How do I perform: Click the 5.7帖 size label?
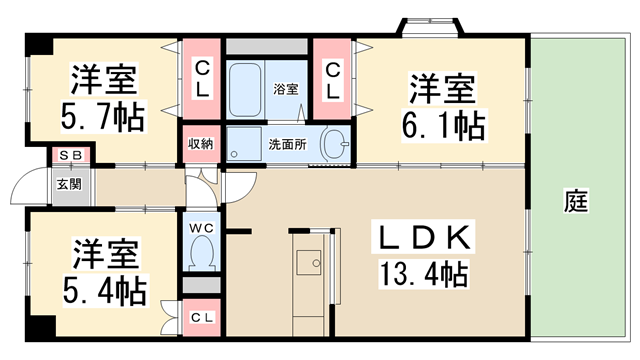(x=102, y=117)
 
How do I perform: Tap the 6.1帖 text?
(x=447, y=125)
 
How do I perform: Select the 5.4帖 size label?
(x=102, y=291)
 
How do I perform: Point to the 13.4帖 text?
(x=425, y=271)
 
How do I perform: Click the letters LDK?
(x=425, y=237)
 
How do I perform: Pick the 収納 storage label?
(x=201, y=143)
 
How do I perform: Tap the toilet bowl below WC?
(x=201, y=256)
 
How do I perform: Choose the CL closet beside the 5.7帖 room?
(x=201, y=77)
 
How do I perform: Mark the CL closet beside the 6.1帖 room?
(x=333, y=77)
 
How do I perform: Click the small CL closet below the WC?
(x=201, y=317)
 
